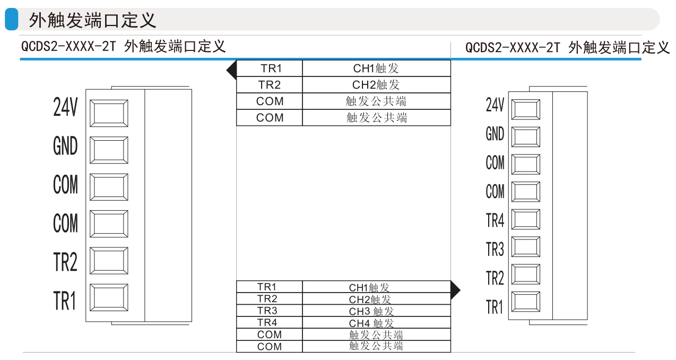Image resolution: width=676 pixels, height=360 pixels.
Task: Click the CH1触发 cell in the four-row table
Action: (376, 68)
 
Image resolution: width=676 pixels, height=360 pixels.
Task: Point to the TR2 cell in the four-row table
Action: (270, 85)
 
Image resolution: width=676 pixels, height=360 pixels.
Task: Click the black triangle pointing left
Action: (232, 70)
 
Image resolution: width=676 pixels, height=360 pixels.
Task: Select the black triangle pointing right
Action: (455, 290)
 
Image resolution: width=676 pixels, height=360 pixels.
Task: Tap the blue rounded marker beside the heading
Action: (12, 20)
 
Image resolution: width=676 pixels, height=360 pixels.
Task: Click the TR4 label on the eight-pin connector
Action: (495, 220)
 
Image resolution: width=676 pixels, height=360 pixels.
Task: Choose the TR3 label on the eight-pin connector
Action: (495, 248)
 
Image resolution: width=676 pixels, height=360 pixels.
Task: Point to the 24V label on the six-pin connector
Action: (65, 107)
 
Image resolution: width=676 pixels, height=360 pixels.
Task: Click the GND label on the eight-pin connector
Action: (495, 134)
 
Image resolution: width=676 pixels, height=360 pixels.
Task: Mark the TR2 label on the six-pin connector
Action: (65, 262)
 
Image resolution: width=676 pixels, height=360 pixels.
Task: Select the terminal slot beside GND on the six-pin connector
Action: (109, 150)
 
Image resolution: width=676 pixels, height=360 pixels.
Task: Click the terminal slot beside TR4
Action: (526, 219)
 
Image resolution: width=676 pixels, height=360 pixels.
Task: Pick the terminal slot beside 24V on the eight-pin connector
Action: (526, 109)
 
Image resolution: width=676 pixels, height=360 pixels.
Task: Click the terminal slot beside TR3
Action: (526, 247)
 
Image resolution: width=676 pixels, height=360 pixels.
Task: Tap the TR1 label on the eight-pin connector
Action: (495, 306)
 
